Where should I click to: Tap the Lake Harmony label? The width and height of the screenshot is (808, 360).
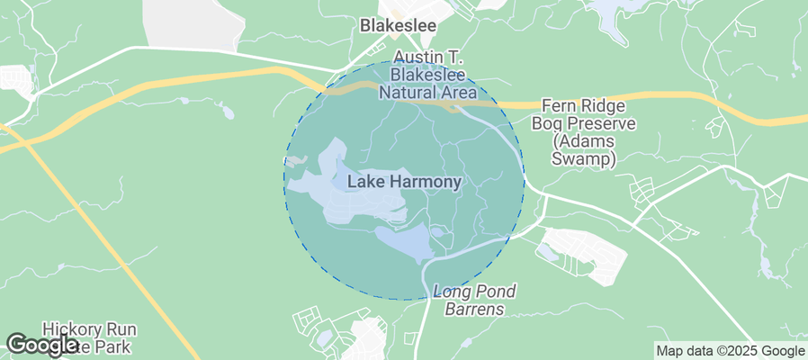pyautogui.click(x=404, y=182)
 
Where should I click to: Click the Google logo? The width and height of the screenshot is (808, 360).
pyautogui.click(x=42, y=345)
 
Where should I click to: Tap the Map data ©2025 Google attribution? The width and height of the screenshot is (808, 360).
pyautogui.click(x=730, y=351)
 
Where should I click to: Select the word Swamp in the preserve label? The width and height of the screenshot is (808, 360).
pyautogui.click(x=585, y=159)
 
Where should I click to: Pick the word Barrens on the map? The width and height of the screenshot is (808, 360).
pyautogui.click(x=474, y=310)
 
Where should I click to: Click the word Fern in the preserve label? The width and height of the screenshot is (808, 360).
pyautogui.click(x=560, y=104)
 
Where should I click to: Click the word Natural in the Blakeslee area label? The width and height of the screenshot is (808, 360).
pyautogui.click(x=408, y=92)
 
